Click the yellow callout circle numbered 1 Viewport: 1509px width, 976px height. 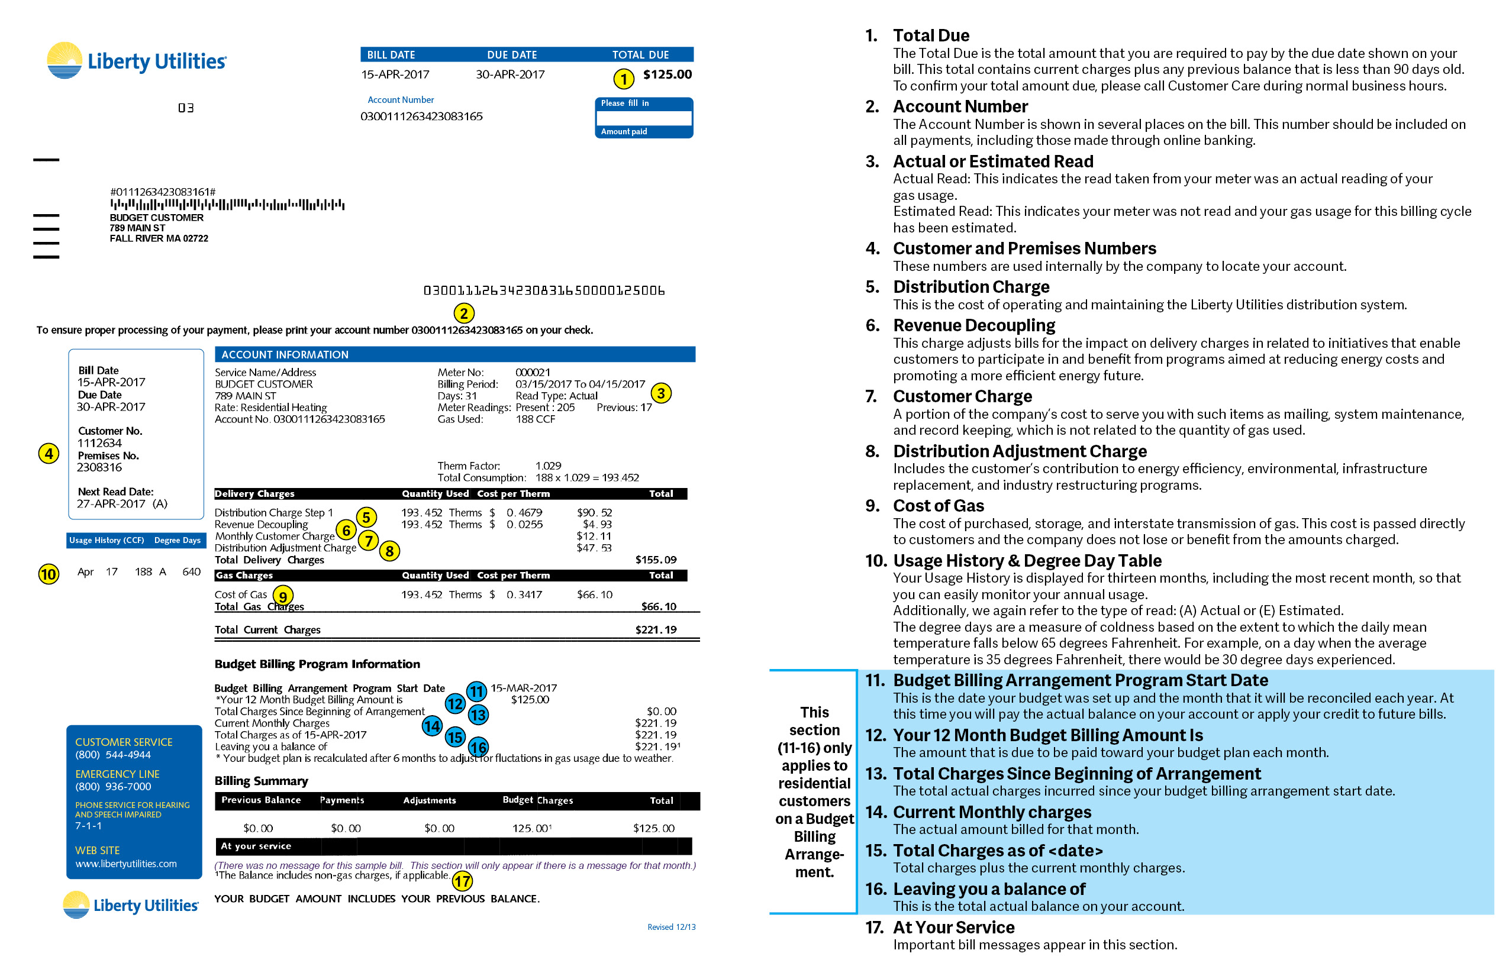click(x=624, y=79)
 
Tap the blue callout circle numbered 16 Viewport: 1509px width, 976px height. click(x=478, y=747)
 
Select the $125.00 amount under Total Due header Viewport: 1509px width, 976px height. click(x=667, y=74)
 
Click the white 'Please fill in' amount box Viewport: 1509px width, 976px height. click(x=644, y=118)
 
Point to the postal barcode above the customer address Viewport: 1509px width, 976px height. click(x=227, y=205)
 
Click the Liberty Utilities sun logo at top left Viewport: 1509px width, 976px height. click(x=65, y=61)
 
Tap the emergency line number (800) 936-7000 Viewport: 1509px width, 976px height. click(x=113, y=787)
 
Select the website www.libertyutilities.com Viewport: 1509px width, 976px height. click(x=125, y=864)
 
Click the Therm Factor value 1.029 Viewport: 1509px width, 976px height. click(x=549, y=466)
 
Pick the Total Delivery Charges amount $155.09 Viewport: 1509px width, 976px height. click(x=656, y=560)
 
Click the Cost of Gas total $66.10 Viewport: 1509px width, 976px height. click(x=594, y=594)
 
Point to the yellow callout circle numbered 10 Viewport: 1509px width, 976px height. click(x=49, y=574)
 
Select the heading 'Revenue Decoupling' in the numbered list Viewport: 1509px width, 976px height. click(x=974, y=326)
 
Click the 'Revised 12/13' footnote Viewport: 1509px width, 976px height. click(x=671, y=927)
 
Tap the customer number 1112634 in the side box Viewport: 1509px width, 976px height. click(x=99, y=443)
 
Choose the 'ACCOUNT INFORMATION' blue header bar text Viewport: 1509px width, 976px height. click(x=285, y=355)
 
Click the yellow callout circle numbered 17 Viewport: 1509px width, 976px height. click(x=462, y=881)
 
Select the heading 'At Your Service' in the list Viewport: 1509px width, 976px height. click(x=953, y=928)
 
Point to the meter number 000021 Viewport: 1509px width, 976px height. click(x=533, y=373)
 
